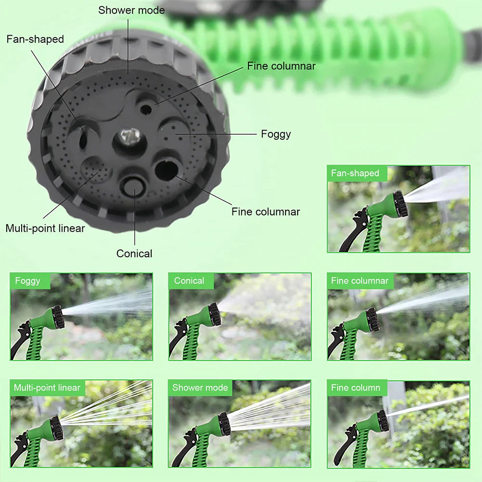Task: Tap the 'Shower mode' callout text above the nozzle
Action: tap(131, 10)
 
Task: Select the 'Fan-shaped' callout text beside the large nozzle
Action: tap(35, 39)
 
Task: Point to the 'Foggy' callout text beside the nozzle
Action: tap(276, 134)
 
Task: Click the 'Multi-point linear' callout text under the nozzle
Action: tap(45, 228)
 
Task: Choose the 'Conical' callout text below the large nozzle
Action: tap(134, 253)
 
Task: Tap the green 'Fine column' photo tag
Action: tap(355, 388)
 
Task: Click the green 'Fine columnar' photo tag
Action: tap(360, 281)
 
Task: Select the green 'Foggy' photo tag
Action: tap(28, 281)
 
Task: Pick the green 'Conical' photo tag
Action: tap(189, 281)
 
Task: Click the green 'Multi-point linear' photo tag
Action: tap(47, 388)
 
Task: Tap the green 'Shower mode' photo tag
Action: tap(200, 388)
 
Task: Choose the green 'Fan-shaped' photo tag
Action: tap(355, 173)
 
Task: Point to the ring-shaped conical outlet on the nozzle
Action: tap(132, 185)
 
